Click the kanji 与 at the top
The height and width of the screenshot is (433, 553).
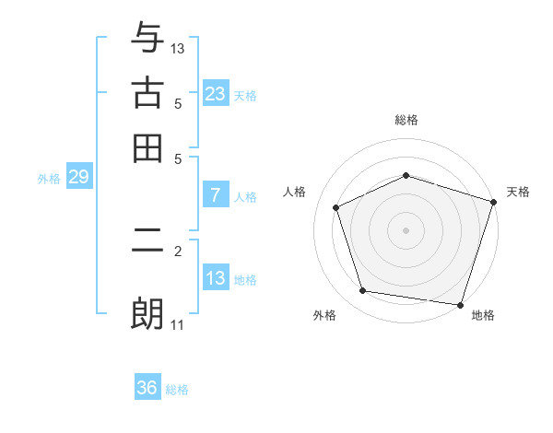147,38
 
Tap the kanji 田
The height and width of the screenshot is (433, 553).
147,147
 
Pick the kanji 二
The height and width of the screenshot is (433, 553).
147,250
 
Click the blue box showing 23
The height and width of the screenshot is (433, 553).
215,94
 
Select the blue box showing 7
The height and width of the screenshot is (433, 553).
215,195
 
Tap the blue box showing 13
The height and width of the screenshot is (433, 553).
215,278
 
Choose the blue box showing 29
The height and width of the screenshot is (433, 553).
78,177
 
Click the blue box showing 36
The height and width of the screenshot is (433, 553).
147,388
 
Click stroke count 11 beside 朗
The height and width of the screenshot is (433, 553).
178,324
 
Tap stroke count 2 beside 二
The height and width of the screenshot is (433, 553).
178,250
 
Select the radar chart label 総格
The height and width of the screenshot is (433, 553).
406,120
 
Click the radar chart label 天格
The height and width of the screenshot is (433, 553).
518,192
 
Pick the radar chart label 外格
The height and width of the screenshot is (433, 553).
324,316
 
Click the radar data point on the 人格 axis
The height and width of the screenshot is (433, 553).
336,207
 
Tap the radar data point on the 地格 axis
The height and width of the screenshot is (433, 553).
459,304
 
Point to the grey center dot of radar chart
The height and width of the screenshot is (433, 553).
406,230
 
